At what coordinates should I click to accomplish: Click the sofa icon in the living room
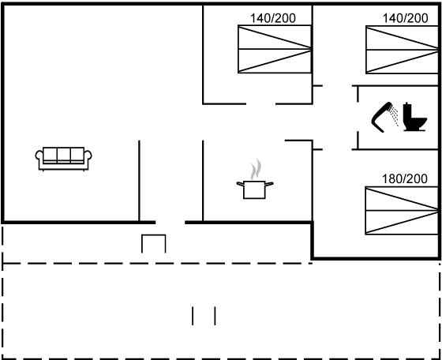[63, 159]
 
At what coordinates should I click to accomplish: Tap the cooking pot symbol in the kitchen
[254, 189]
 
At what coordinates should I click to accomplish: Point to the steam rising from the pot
[257, 169]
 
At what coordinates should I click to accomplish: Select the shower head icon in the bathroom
[382, 117]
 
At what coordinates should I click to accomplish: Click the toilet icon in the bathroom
[415, 117]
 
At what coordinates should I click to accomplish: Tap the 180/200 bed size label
[404, 178]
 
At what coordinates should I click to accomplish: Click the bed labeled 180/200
[402, 210]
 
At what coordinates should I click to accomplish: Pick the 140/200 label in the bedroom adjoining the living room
[273, 18]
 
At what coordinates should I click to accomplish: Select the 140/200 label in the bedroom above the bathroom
[405, 18]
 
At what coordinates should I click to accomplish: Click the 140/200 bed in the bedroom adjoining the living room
[275, 49]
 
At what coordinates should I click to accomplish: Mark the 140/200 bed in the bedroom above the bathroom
[402, 50]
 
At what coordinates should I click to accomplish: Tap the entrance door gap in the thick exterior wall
[170, 223]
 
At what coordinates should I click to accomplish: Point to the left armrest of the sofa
[39, 156]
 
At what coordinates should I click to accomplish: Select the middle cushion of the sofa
[63, 154]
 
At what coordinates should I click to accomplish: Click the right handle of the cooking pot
[269, 184]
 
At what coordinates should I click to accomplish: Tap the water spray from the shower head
[395, 115]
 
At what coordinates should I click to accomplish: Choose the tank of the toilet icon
[407, 111]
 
